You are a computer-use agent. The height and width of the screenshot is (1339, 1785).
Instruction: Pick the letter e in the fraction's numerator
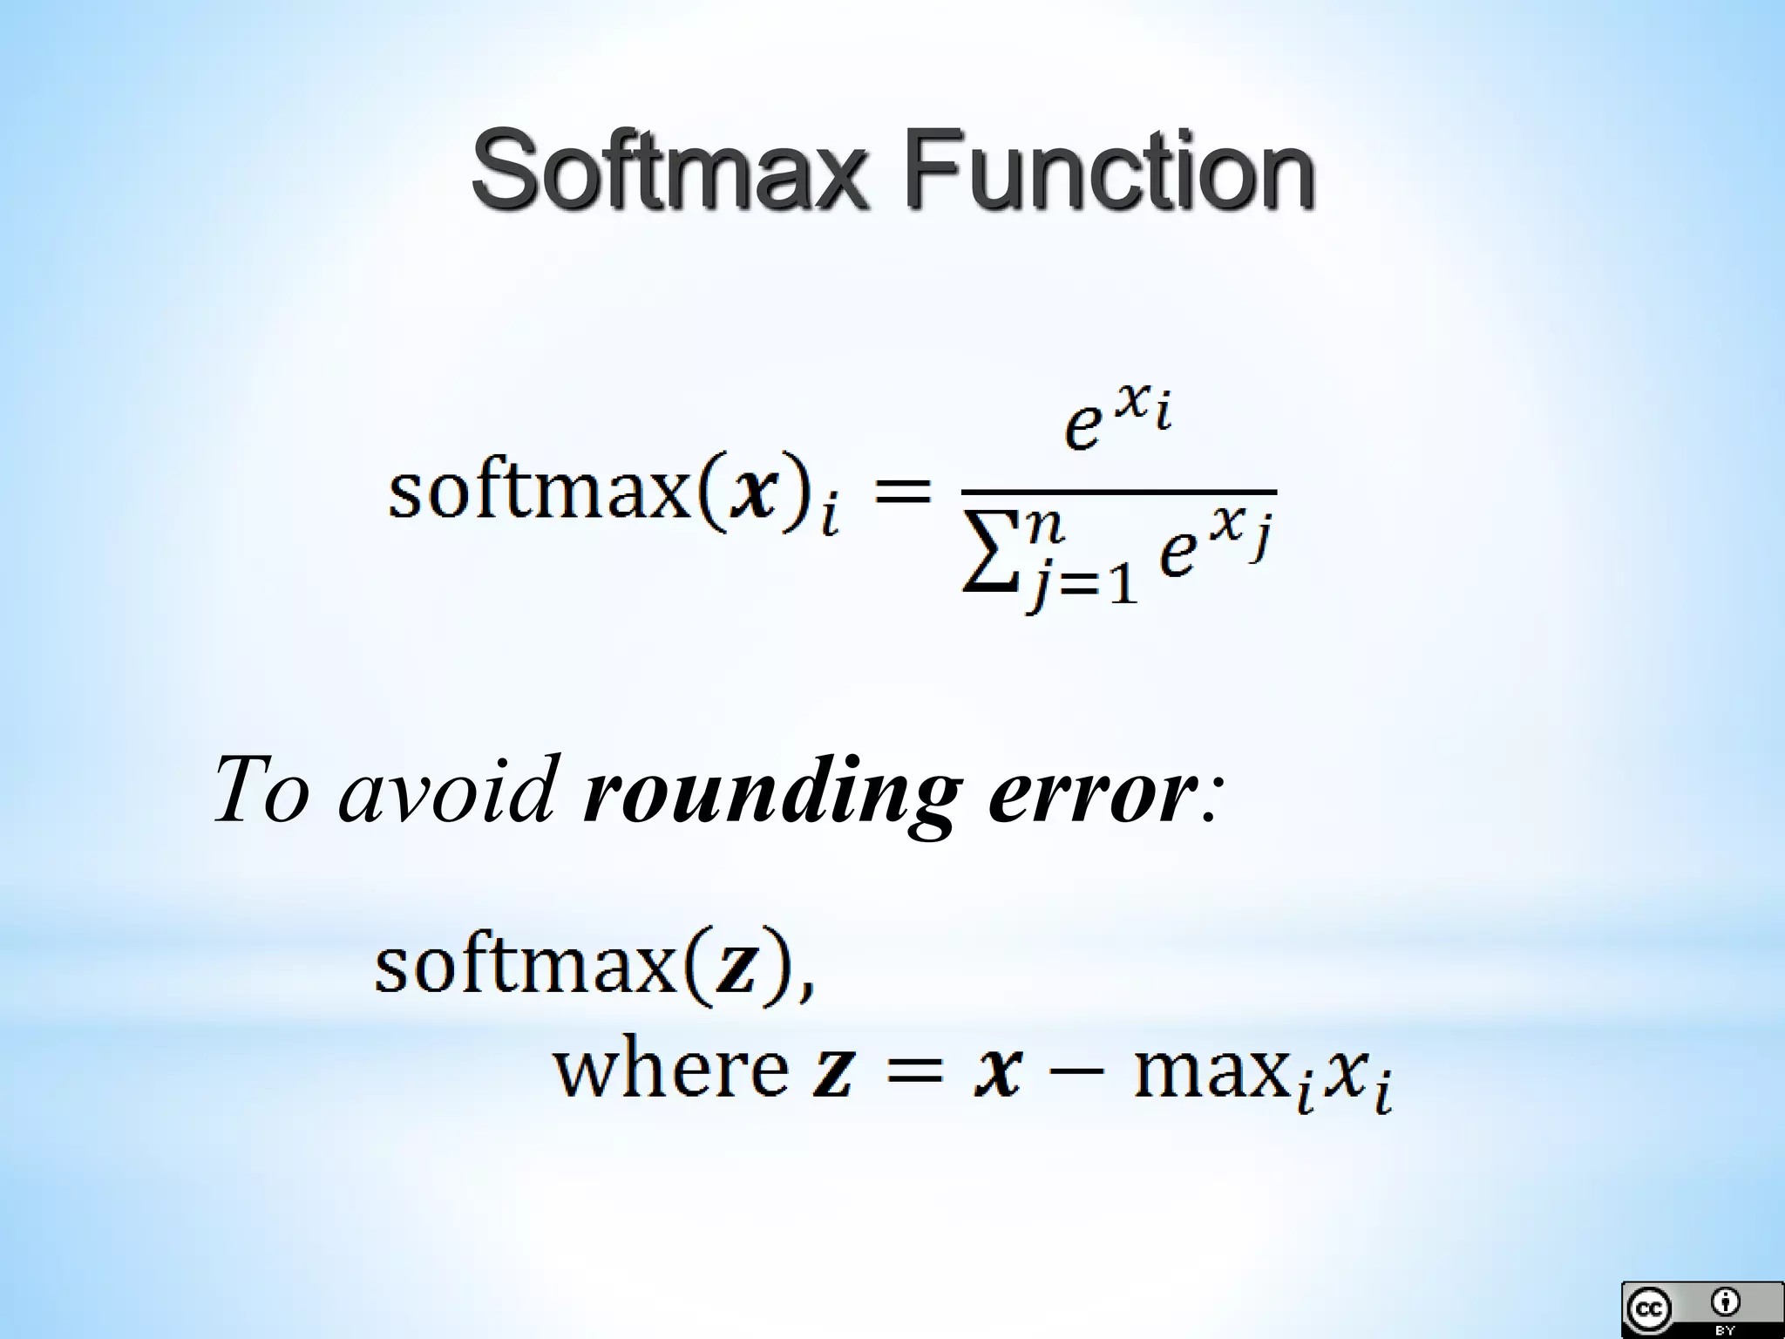[1083, 427]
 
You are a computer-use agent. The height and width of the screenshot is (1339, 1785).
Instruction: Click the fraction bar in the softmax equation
[1118, 493]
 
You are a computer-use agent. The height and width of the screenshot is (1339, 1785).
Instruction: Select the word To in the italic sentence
[261, 790]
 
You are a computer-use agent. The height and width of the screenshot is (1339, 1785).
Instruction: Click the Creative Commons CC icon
[1648, 1308]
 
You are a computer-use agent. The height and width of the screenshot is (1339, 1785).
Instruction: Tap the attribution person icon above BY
[1725, 1302]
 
